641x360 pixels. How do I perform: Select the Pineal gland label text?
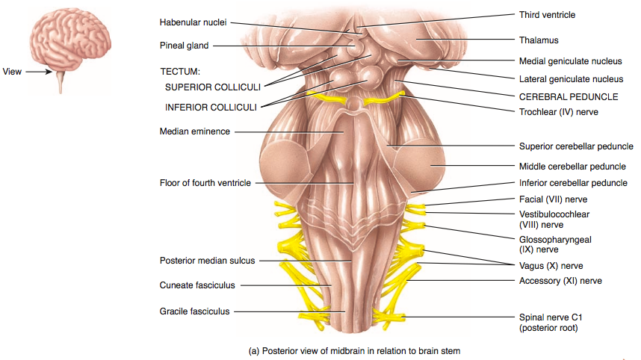point(184,46)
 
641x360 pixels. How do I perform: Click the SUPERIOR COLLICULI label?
point(212,87)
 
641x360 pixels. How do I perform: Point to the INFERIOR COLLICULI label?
point(211,107)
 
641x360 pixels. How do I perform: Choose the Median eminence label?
point(194,131)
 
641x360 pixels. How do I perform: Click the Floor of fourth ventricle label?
point(205,183)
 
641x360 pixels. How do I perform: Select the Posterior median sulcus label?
point(207,261)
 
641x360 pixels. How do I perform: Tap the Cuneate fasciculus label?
point(197,285)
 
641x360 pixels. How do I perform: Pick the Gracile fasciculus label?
point(194,311)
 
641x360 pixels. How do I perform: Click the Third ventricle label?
point(547,15)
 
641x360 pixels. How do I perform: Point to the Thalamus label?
point(539,40)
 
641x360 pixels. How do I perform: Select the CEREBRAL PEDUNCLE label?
point(568,96)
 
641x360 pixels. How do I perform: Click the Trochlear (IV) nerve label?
point(558,112)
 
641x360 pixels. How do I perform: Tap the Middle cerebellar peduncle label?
point(572,167)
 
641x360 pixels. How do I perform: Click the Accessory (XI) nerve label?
point(560,281)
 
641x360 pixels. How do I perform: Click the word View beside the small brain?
point(13,72)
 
